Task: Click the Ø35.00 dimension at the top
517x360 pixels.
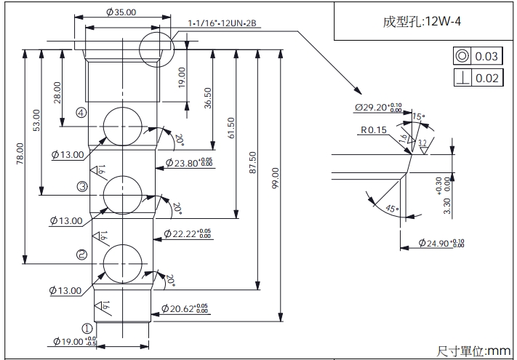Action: (121, 12)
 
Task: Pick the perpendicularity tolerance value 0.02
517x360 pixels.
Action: (486, 79)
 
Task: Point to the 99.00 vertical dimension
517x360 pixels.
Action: (275, 182)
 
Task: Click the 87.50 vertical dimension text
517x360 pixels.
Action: (252, 163)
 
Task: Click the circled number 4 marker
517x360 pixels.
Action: (81, 113)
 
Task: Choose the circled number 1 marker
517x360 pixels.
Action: (86, 329)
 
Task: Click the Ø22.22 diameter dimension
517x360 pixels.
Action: (188, 234)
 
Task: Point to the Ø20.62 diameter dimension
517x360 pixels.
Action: (185, 308)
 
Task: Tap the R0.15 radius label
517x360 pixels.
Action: (372, 131)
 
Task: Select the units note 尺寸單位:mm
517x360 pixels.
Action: (473, 351)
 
